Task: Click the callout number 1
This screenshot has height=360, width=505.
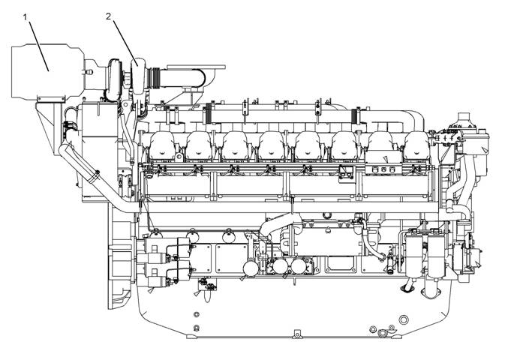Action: pos(25,17)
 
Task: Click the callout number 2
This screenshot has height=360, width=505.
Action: pos(109,16)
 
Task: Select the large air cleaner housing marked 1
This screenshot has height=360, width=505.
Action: pos(48,70)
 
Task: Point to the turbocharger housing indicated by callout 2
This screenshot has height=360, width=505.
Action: pos(139,76)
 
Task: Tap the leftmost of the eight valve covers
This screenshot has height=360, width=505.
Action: pos(162,146)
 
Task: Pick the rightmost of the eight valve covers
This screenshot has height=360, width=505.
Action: pos(417,146)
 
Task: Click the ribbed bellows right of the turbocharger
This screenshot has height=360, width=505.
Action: pos(156,78)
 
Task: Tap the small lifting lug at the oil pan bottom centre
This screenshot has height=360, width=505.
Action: pos(297,333)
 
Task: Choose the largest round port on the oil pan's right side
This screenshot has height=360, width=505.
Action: pos(404,319)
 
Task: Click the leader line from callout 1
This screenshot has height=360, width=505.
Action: pos(39,46)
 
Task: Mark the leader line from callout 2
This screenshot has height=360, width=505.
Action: pos(125,43)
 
